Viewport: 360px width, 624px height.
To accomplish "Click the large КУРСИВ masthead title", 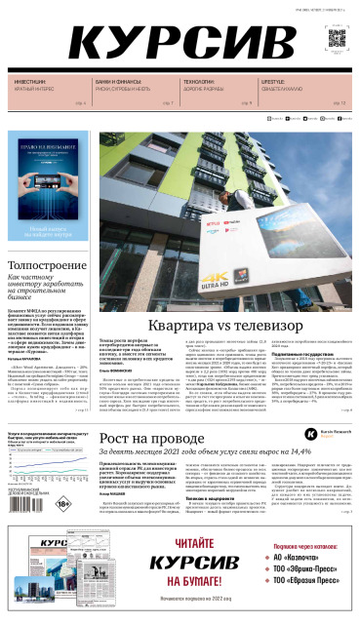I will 186,43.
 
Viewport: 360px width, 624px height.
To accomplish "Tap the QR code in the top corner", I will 337,40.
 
